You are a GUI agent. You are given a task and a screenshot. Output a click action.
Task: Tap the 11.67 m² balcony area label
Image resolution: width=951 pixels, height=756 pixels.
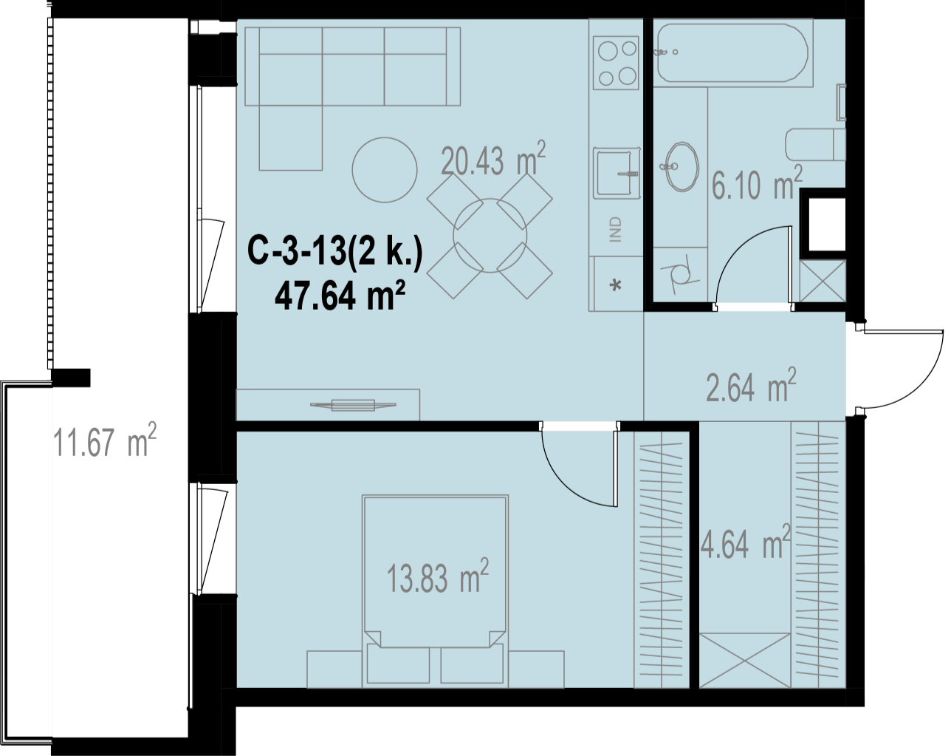click(x=105, y=440)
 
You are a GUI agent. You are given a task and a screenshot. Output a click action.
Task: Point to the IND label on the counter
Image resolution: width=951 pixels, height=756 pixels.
click(x=616, y=229)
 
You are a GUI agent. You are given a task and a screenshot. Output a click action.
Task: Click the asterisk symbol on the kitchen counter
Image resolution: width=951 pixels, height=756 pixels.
click(x=616, y=286)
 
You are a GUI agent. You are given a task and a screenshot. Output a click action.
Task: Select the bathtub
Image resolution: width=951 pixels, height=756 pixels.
click(x=733, y=53)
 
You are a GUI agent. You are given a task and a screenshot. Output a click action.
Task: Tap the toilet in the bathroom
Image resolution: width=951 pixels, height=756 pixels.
click(x=815, y=145)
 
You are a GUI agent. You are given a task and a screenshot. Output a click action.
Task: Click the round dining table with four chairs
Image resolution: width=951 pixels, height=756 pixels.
click(x=490, y=236)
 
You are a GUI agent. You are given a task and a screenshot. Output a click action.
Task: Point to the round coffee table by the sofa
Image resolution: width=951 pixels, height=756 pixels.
click(x=385, y=169)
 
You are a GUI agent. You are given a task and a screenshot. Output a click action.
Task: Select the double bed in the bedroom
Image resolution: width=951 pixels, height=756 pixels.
click(x=436, y=591)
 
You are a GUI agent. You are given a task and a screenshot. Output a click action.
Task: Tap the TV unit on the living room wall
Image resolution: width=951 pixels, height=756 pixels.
click(x=328, y=405)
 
